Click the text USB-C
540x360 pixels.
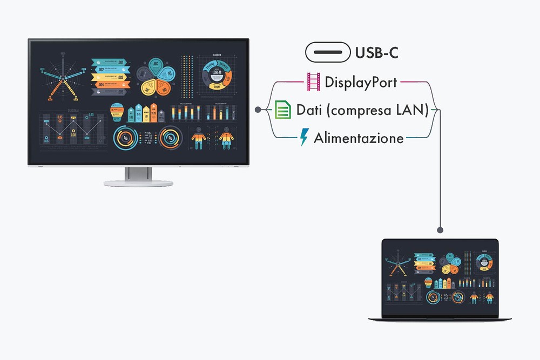click(x=377, y=52)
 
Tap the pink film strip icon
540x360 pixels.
click(x=314, y=82)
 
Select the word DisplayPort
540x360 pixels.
click(x=361, y=82)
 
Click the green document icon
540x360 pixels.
click(x=282, y=110)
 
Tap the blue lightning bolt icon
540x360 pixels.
click(x=304, y=138)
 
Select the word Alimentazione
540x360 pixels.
click(x=359, y=138)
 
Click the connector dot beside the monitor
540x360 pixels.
click(x=258, y=110)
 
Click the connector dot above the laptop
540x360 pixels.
click(x=441, y=229)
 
